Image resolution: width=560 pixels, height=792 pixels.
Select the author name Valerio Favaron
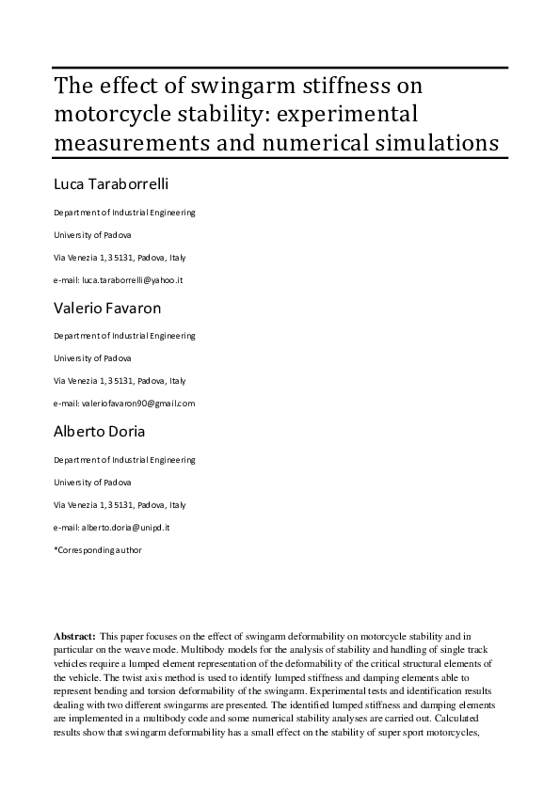[x=106, y=309]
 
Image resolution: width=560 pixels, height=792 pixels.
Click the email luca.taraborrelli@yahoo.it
[x=131, y=281]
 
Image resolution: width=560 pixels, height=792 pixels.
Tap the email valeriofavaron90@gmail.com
[x=136, y=404]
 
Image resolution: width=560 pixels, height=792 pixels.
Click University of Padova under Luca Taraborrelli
[x=92, y=235]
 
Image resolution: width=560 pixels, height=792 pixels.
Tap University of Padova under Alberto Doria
[x=92, y=483]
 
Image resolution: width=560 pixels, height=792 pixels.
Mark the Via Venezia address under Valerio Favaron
[x=120, y=381]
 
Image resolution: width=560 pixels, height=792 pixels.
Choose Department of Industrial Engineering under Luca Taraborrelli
[x=124, y=213]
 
